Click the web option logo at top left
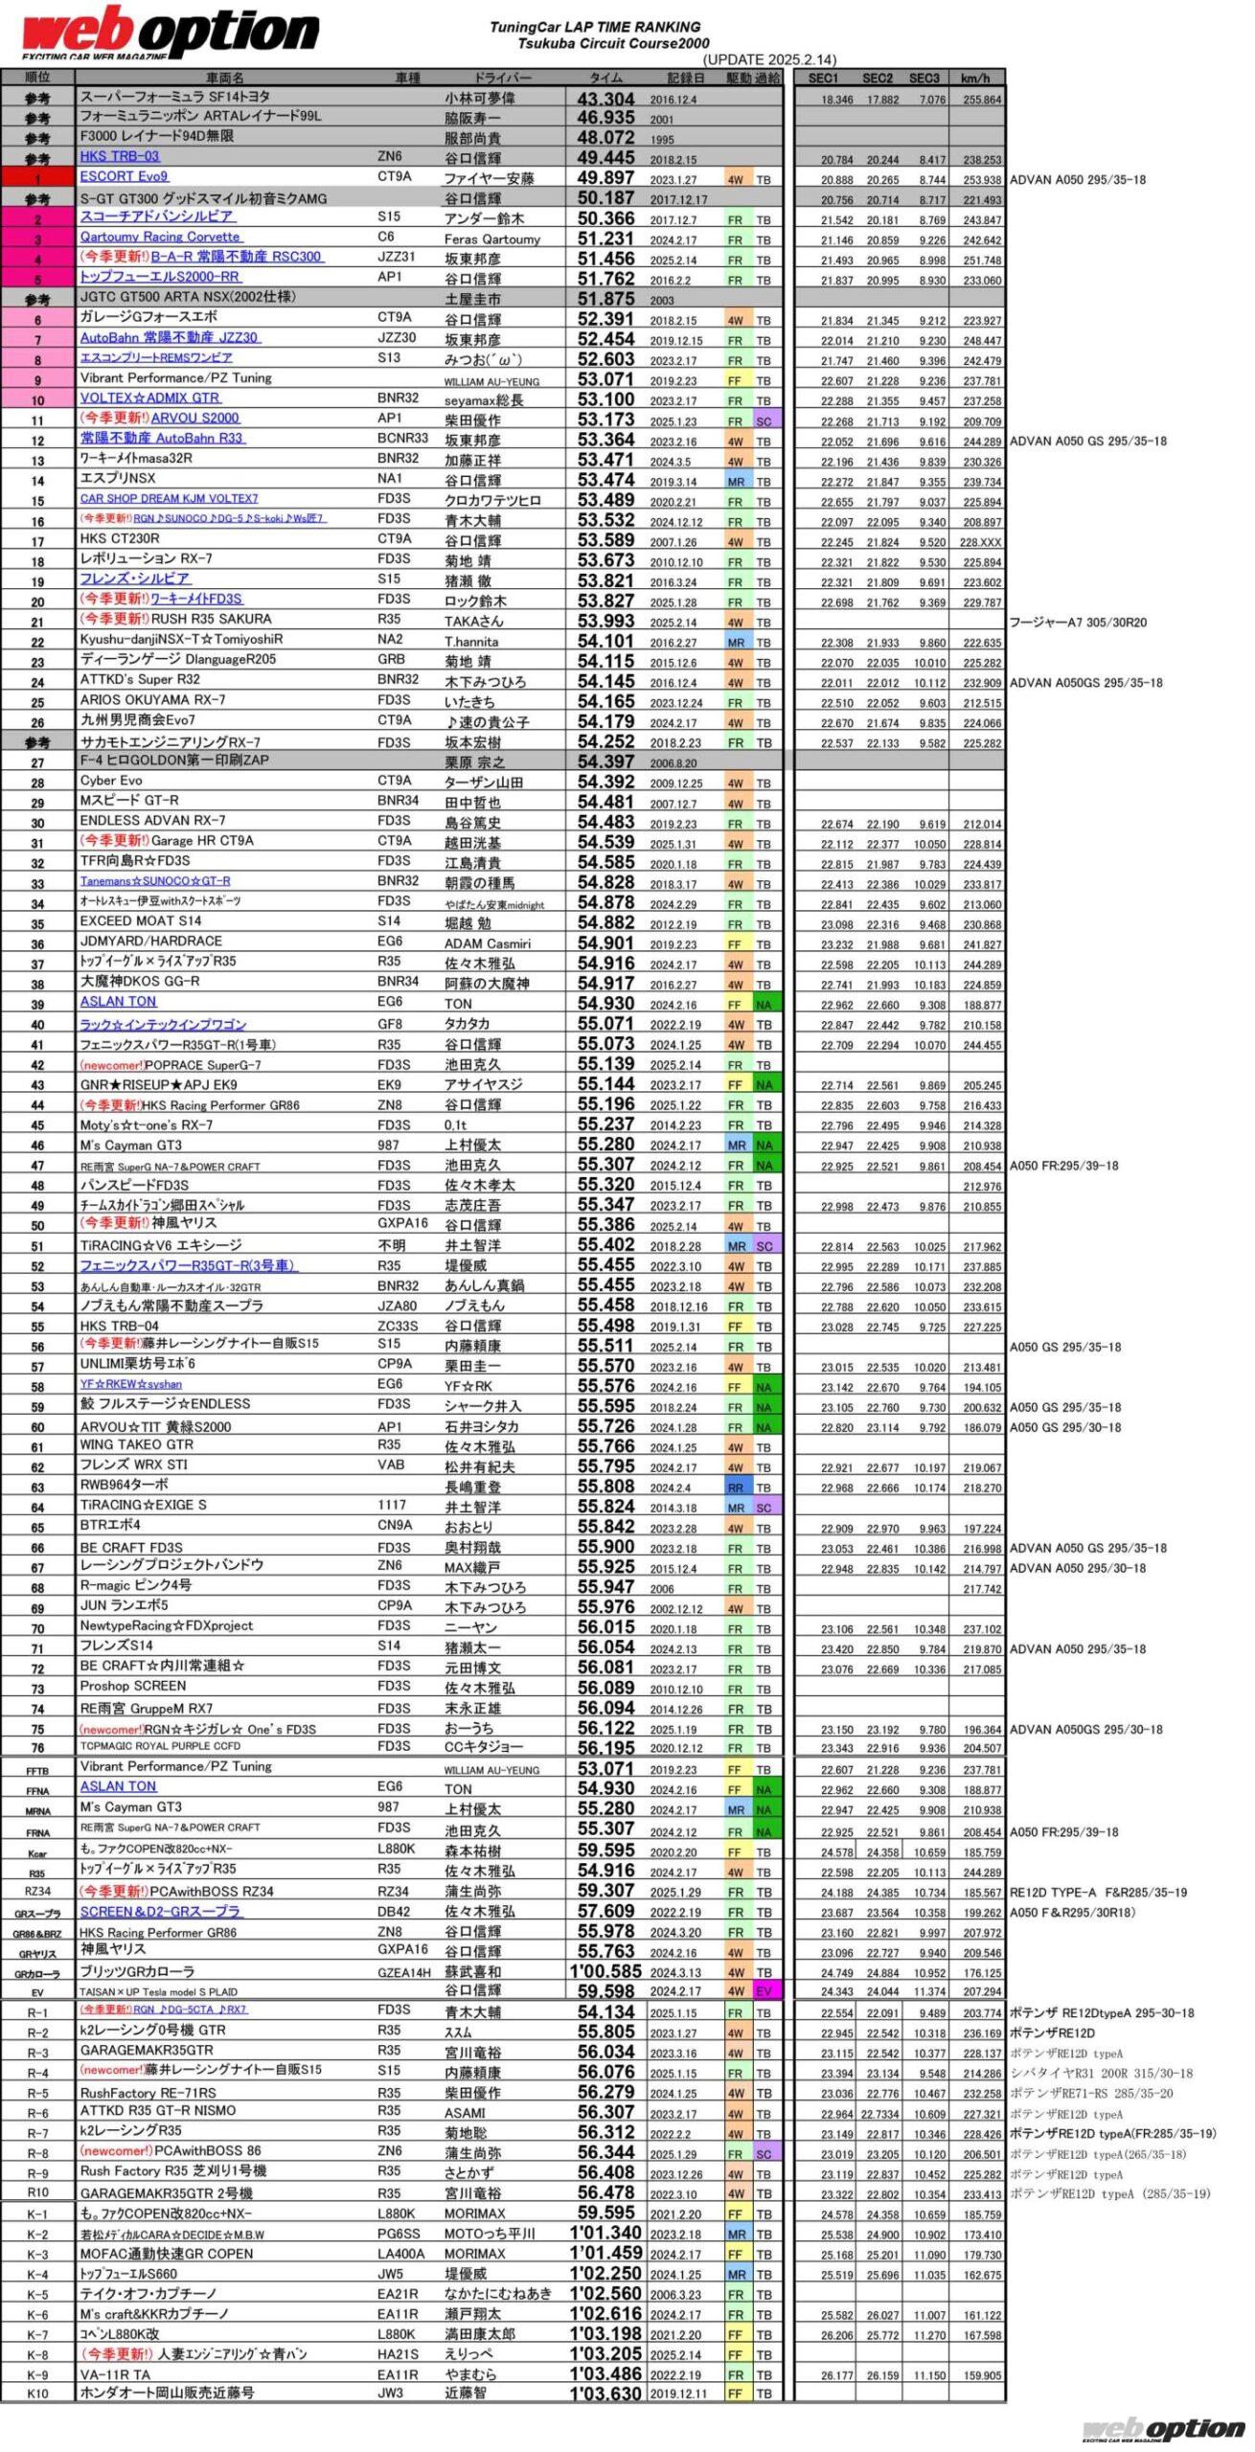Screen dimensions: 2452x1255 point(171,33)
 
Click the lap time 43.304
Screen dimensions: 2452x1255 point(605,100)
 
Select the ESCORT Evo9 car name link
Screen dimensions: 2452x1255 point(125,176)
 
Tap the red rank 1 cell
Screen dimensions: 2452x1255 point(37,178)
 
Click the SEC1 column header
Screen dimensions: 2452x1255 point(823,79)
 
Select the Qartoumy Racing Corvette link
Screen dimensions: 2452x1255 point(160,237)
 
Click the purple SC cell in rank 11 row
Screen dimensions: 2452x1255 point(764,421)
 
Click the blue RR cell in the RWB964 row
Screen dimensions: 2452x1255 point(736,1487)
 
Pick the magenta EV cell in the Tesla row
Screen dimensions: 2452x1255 point(764,1990)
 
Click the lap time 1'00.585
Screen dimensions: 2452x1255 point(605,1971)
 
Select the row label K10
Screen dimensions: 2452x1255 point(37,2393)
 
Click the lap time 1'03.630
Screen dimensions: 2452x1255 point(605,2393)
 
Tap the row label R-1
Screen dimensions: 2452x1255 point(37,2012)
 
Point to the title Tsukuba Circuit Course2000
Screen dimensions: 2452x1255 point(613,43)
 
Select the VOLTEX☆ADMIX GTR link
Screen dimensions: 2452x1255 point(150,397)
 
